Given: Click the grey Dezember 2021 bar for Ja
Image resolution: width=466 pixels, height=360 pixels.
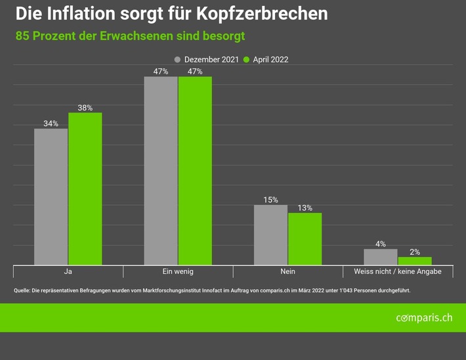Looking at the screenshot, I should pyautogui.click(x=51, y=196).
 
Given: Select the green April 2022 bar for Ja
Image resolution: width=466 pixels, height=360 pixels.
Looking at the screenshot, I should pyautogui.click(x=85, y=189).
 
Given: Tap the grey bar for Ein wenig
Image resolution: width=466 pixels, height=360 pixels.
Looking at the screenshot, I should pyautogui.click(x=161, y=171).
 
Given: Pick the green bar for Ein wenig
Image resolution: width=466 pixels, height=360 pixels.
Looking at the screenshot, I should pyautogui.click(x=195, y=171).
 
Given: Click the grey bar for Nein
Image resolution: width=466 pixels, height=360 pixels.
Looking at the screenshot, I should pyautogui.click(x=270, y=235).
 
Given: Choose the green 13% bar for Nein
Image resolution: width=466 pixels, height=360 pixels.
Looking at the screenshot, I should pyautogui.click(x=305, y=238).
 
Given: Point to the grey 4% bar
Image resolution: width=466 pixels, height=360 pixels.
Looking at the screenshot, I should pyautogui.click(x=381, y=256).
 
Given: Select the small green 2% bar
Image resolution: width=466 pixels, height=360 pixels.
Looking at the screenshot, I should pyautogui.click(x=415, y=260).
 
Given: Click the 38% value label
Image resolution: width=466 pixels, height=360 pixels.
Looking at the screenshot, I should pyautogui.click(x=85, y=108).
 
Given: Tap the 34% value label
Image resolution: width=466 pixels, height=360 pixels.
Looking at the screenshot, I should pyautogui.click(x=51, y=124).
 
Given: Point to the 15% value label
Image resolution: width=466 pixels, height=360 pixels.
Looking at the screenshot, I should pyautogui.click(x=270, y=200).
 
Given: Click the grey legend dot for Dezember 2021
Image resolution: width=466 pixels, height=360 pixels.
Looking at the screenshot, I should pyautogui.click(x=178, y=60).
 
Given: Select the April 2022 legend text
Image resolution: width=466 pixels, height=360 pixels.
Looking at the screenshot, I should pyautogui.click(x=270, y=60).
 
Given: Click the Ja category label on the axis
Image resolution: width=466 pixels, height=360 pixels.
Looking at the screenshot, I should pyautogui.click(x=68, y=271).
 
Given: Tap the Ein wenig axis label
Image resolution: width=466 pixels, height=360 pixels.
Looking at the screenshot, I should pyautogui.click(x=178, y=271).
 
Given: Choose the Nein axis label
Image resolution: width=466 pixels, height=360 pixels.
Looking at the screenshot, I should pyautogui.click(x=287, y=271).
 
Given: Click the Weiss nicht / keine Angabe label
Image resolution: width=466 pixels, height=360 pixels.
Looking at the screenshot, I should pyautogui.click(x=398, y=271).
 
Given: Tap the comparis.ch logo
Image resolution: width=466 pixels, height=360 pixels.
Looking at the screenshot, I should pyautogui.click(x=424, y=318).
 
